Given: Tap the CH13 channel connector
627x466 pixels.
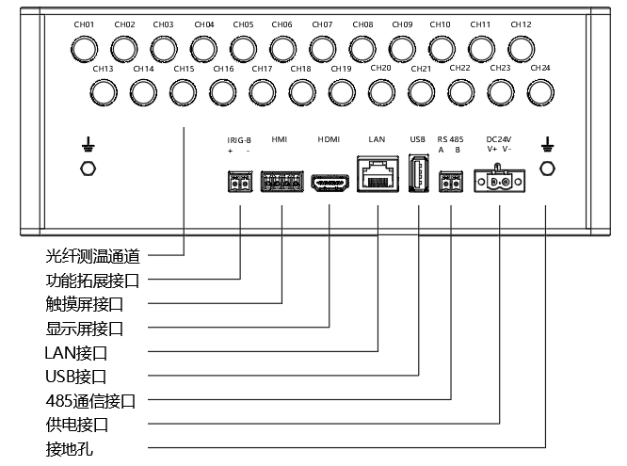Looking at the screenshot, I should [103, 91].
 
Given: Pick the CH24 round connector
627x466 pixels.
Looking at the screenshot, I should [539, 91].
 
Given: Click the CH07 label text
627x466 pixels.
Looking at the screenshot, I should [322, 24].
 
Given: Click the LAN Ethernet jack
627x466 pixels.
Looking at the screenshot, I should [378, 175].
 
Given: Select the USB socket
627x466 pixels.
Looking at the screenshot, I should [418, 176].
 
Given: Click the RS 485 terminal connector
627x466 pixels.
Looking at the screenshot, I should [451, 182].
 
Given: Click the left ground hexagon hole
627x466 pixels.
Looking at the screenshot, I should [88, 168].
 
